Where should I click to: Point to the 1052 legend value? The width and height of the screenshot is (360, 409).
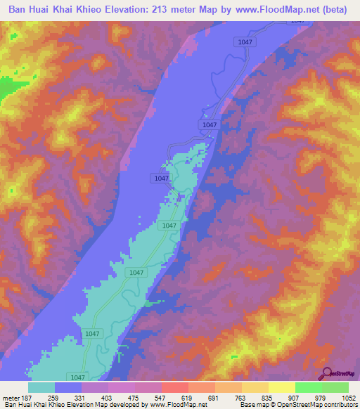coord(348,397)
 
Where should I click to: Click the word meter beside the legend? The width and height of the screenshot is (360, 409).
coord(11,397)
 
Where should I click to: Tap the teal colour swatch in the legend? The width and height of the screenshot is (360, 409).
coord(41,387)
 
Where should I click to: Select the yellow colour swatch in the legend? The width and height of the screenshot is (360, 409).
coord(282,387)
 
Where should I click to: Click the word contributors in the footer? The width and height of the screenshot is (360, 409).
coord(340,405)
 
